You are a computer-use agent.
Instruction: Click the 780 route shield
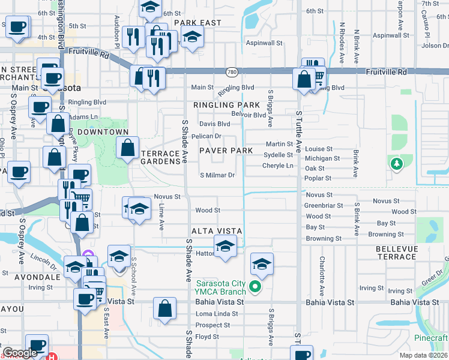tap(231, 72)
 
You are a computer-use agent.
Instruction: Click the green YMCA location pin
tap(255, 287)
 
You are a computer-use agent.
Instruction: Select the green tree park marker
tap(396, 163)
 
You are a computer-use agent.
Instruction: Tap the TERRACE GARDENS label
tap(160, 157)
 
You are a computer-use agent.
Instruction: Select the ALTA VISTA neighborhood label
tap(216, 231)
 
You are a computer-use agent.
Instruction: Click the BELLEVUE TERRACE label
tap(396, 252)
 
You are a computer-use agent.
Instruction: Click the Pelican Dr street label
tap(206, 136)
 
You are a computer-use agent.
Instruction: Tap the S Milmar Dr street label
tap(217, 175)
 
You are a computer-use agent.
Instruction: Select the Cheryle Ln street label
tap(278, 166)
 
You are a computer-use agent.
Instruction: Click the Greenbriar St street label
tap(324, 205)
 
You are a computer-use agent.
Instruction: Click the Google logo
tap(20, 353)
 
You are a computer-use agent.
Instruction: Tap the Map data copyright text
tap(423, 355)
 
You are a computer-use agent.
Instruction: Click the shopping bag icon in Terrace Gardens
tap(128, 148)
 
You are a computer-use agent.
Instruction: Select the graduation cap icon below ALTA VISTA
tap(225, 247)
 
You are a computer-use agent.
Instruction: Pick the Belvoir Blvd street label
tap(248, 115)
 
